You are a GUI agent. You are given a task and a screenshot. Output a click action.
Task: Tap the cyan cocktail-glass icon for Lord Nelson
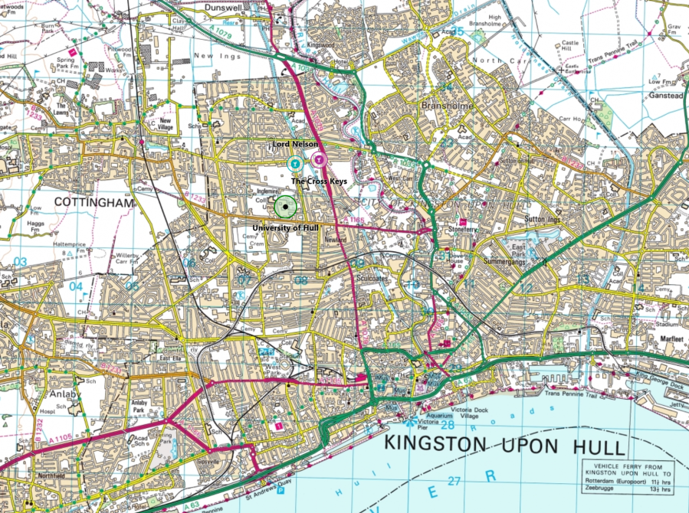click(294, 163)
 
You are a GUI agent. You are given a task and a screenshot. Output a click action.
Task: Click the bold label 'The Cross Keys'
click(320, 181)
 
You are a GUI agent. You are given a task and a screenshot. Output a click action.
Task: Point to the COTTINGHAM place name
click(94, 203)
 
